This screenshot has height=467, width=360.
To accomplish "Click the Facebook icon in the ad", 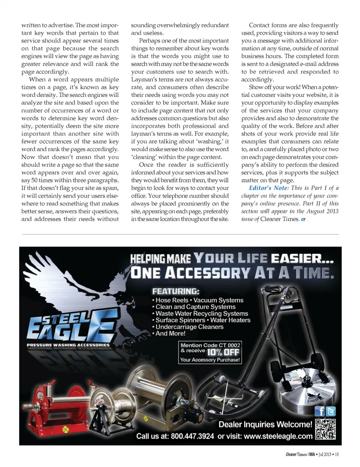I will (319, 411).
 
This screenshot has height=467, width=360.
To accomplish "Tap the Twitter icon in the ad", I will (331, 411).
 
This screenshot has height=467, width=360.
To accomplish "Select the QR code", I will (325, 429).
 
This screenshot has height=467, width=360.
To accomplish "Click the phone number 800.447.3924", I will (192, 436).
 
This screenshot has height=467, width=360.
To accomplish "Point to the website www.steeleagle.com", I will (278, 436).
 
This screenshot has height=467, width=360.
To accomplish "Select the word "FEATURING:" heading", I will (175, 291).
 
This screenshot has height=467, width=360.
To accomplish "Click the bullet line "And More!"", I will (171, 333).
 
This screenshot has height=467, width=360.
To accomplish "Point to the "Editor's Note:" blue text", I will (269, 188).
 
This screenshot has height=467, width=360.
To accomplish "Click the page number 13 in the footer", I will (337, 454).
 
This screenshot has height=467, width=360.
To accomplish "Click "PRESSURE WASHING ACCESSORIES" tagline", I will (68, 345).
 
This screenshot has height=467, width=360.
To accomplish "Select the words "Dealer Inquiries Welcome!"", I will (265, 424).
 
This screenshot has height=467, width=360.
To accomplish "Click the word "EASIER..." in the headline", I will (302, 258).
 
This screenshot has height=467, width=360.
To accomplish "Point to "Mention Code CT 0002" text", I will (210, 345).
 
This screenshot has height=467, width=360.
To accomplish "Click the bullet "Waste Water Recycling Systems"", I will (202, 313).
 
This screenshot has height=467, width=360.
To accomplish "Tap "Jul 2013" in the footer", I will (325, 454).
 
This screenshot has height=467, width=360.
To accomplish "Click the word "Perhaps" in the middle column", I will (149, 41).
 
